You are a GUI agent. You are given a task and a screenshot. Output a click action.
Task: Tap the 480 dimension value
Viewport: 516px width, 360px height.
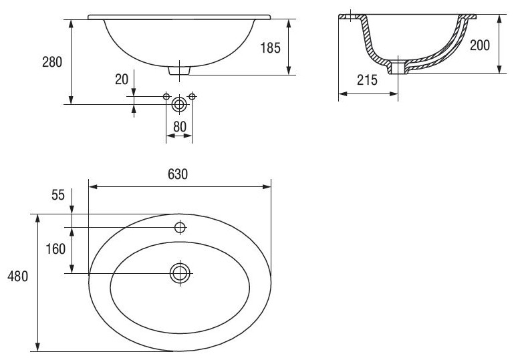pos(18,276)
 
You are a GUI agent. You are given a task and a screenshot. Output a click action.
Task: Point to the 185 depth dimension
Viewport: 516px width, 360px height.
pos(271,47)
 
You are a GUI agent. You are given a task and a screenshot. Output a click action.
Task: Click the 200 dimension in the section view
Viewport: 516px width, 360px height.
pos(480,45)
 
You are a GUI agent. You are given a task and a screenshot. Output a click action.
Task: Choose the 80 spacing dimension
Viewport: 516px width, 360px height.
pos(178,126)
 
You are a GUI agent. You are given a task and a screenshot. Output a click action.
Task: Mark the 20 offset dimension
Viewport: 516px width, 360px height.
pos(122,79)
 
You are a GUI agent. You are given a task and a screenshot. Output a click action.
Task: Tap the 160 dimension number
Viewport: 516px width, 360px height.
pos(57,249)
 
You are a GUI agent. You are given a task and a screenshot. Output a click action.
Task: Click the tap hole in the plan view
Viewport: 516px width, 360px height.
pos(180,227)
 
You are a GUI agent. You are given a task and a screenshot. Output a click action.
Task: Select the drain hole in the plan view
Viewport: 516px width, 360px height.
pos(180,273)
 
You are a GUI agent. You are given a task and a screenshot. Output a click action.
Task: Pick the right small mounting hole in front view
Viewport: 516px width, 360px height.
pos(192,97)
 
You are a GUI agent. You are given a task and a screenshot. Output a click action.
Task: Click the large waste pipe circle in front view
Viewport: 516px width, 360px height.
pos(179,104)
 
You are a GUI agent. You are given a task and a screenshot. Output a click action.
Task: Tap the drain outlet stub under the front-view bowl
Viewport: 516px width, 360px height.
pos(179,69)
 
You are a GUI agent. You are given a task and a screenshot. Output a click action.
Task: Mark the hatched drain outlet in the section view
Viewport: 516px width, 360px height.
pos(399,66)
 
